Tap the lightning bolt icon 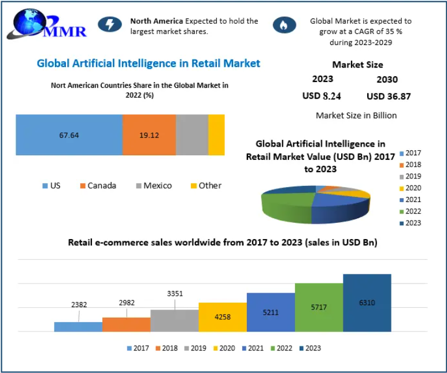click(110, 24)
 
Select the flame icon click(283, 25)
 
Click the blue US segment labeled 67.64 click(69, 135)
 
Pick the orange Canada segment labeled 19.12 click(149, 135)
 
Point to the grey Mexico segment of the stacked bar click(192, 135)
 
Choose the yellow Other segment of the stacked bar click(216, 135)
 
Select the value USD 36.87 click(389, 96)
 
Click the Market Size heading click(357, 65)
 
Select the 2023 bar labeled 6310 click(367, 303)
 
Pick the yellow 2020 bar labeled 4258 click(223, 317)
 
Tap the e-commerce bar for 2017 click(78, 327)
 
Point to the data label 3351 click(175, 294)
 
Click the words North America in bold click(156, 21)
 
